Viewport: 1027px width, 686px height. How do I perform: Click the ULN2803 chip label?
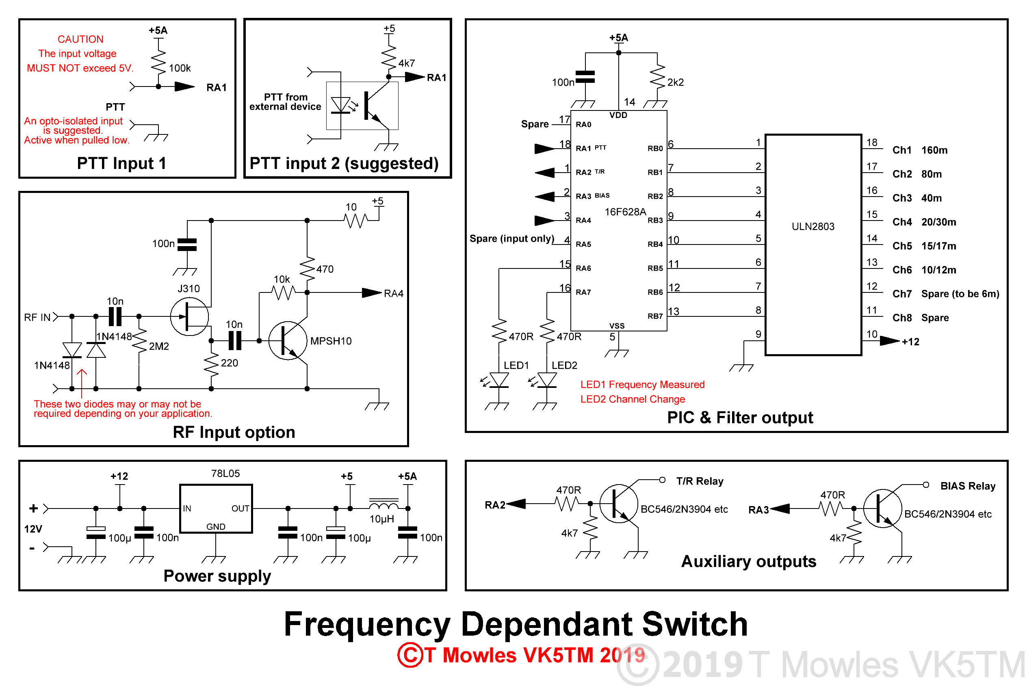812,227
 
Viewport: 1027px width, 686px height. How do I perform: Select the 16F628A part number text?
625,212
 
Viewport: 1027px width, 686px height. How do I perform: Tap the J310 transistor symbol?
189,316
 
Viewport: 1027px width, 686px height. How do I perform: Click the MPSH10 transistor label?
330,341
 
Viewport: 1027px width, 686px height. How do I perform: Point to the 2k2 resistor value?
675,82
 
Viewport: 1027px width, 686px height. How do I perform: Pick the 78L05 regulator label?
225,473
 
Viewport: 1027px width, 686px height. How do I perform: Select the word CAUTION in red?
80,39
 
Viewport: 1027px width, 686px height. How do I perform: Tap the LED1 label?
516,365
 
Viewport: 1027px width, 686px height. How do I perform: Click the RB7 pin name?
654,316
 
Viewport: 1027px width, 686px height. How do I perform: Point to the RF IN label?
37,317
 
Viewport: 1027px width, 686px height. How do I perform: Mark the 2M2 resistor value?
158,346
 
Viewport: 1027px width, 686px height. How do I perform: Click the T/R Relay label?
699,481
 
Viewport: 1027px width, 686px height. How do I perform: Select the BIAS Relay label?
968,486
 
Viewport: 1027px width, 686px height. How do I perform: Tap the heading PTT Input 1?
121,163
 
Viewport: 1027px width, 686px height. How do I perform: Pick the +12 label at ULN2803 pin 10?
910,342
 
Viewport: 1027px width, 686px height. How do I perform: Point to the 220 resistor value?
229,363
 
